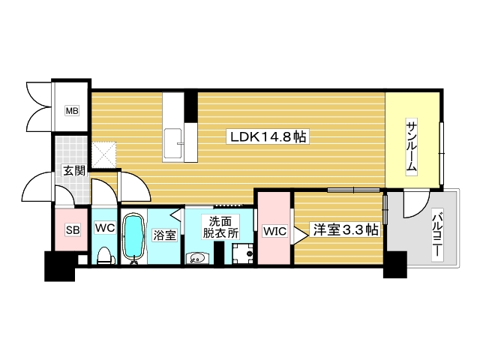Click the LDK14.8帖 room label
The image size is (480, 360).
click(268, 137)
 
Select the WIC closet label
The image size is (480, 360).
click(274, 232)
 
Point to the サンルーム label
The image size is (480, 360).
click(412, 146)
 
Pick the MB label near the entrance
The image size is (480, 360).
click(71, 112)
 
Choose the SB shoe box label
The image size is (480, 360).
click(72, 230)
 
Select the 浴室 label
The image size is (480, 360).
click(164, 235)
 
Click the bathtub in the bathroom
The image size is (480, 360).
click(134, 238)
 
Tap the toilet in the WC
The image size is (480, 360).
click(104, 254)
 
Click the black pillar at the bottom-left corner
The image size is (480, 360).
click(60, 266)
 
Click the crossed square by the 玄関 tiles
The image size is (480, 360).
click(103, 154)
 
